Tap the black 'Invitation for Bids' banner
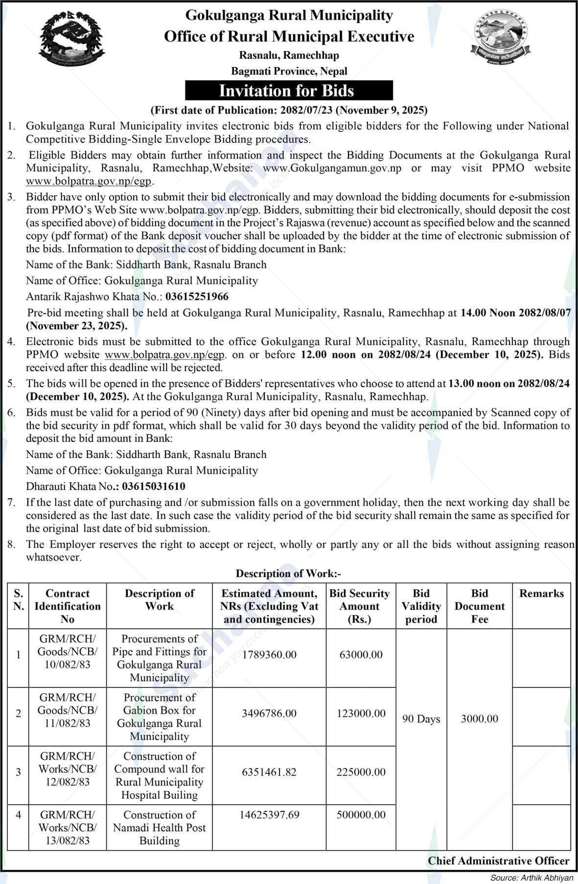(289, 91)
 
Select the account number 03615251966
(197, 297)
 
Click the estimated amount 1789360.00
(269, 655)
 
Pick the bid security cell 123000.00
(361, 714)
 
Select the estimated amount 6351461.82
(269, 772)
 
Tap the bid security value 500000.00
(361, 815)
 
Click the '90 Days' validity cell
(421, 719)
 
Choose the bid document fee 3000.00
(479, 719)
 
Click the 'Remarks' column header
(541, 594)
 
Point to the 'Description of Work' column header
(160, 600)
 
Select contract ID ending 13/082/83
(68, 828)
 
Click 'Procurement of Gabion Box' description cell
(160, 717)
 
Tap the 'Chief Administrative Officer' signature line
(498, 861)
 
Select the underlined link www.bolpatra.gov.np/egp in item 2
(89, 181)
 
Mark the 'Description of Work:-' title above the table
(289, 573)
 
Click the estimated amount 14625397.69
(269, 815)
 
